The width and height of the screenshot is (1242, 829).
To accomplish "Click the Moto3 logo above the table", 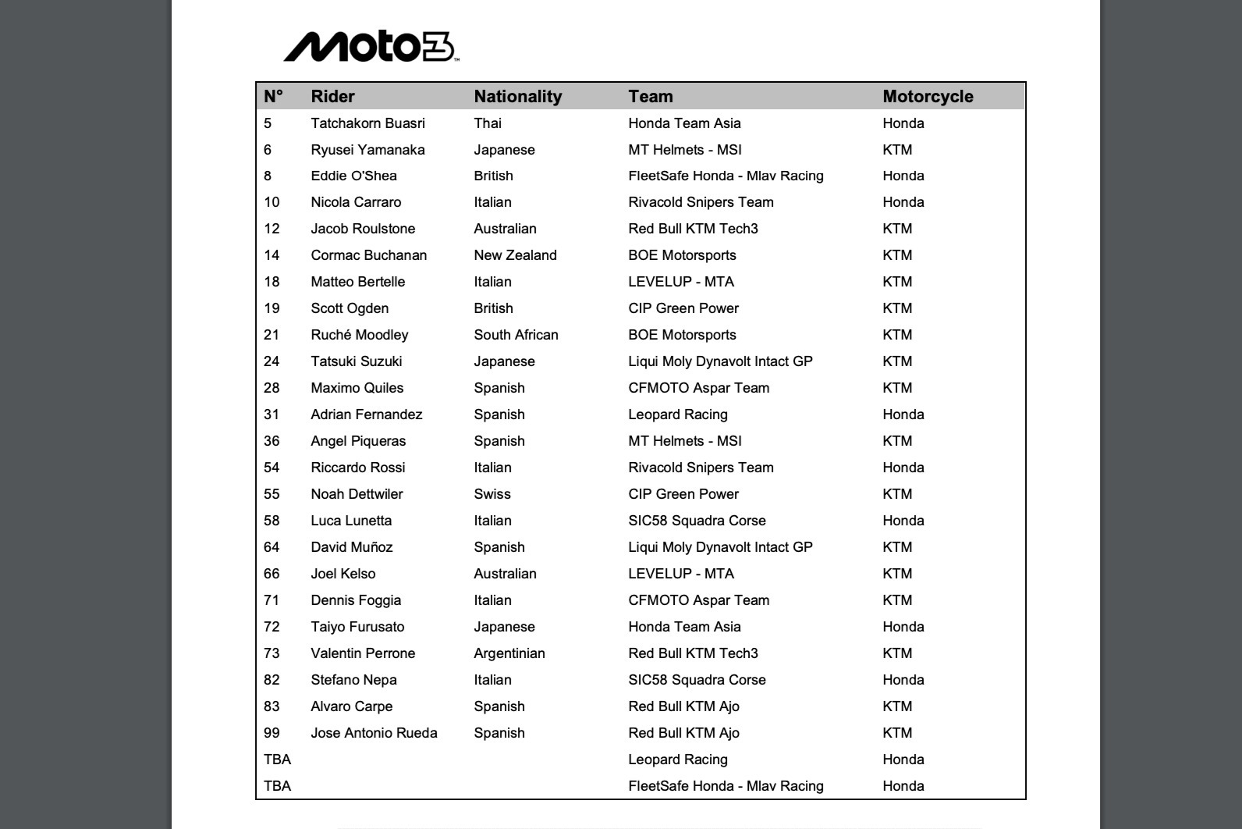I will pyautogui.click(x=371, y=47).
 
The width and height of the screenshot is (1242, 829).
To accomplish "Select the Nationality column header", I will pyautogui.click(x=517, y=97).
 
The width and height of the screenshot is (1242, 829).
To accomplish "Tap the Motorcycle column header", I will pyautogui.click(x=928, y=97).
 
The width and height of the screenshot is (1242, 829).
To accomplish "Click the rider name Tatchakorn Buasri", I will pyautogui.click(x=367, y=123).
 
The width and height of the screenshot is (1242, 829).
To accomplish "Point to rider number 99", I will pyautogui.click(x=271, y=733).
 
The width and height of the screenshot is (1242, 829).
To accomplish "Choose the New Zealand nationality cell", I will pyautogui.click(x=515, y=255).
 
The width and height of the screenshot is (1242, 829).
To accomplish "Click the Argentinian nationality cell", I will pyautogui.click(x=509, y=653).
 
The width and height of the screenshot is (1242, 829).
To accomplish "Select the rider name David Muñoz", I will pyautogui.click(x=351, y=547).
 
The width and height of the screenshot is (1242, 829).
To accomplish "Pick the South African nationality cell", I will pyautogui.click(x=516, y=335).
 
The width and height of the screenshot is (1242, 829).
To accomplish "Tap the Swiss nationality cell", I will pyautogui.click(x=491, y=494).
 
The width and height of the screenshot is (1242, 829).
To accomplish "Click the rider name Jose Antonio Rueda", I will pyautogui.click(x=374, y=733).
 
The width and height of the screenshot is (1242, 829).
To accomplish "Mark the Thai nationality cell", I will pyautogui.click(x=488, y=123).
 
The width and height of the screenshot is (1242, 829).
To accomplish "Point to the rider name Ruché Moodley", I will pyautogui.click(x=359, y=335).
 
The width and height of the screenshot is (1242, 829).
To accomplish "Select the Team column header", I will pyautogui.click(x=650, y=97).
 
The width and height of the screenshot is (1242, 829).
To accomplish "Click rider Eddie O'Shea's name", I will pyautogui.click(x=353, y=176).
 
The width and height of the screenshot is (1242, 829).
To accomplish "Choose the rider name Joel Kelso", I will pyautogui.click(x=342, y=574).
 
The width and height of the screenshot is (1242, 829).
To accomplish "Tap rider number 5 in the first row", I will pyautogui.click(x=268, y=123).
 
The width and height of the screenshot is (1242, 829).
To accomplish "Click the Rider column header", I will pyautogui.click(x=332, y=97).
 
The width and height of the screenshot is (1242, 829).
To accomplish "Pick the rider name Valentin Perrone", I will pyautogui.click(x=363, y=653).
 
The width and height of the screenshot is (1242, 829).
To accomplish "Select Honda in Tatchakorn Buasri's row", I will pyautogui.click(x=903, y=123).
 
